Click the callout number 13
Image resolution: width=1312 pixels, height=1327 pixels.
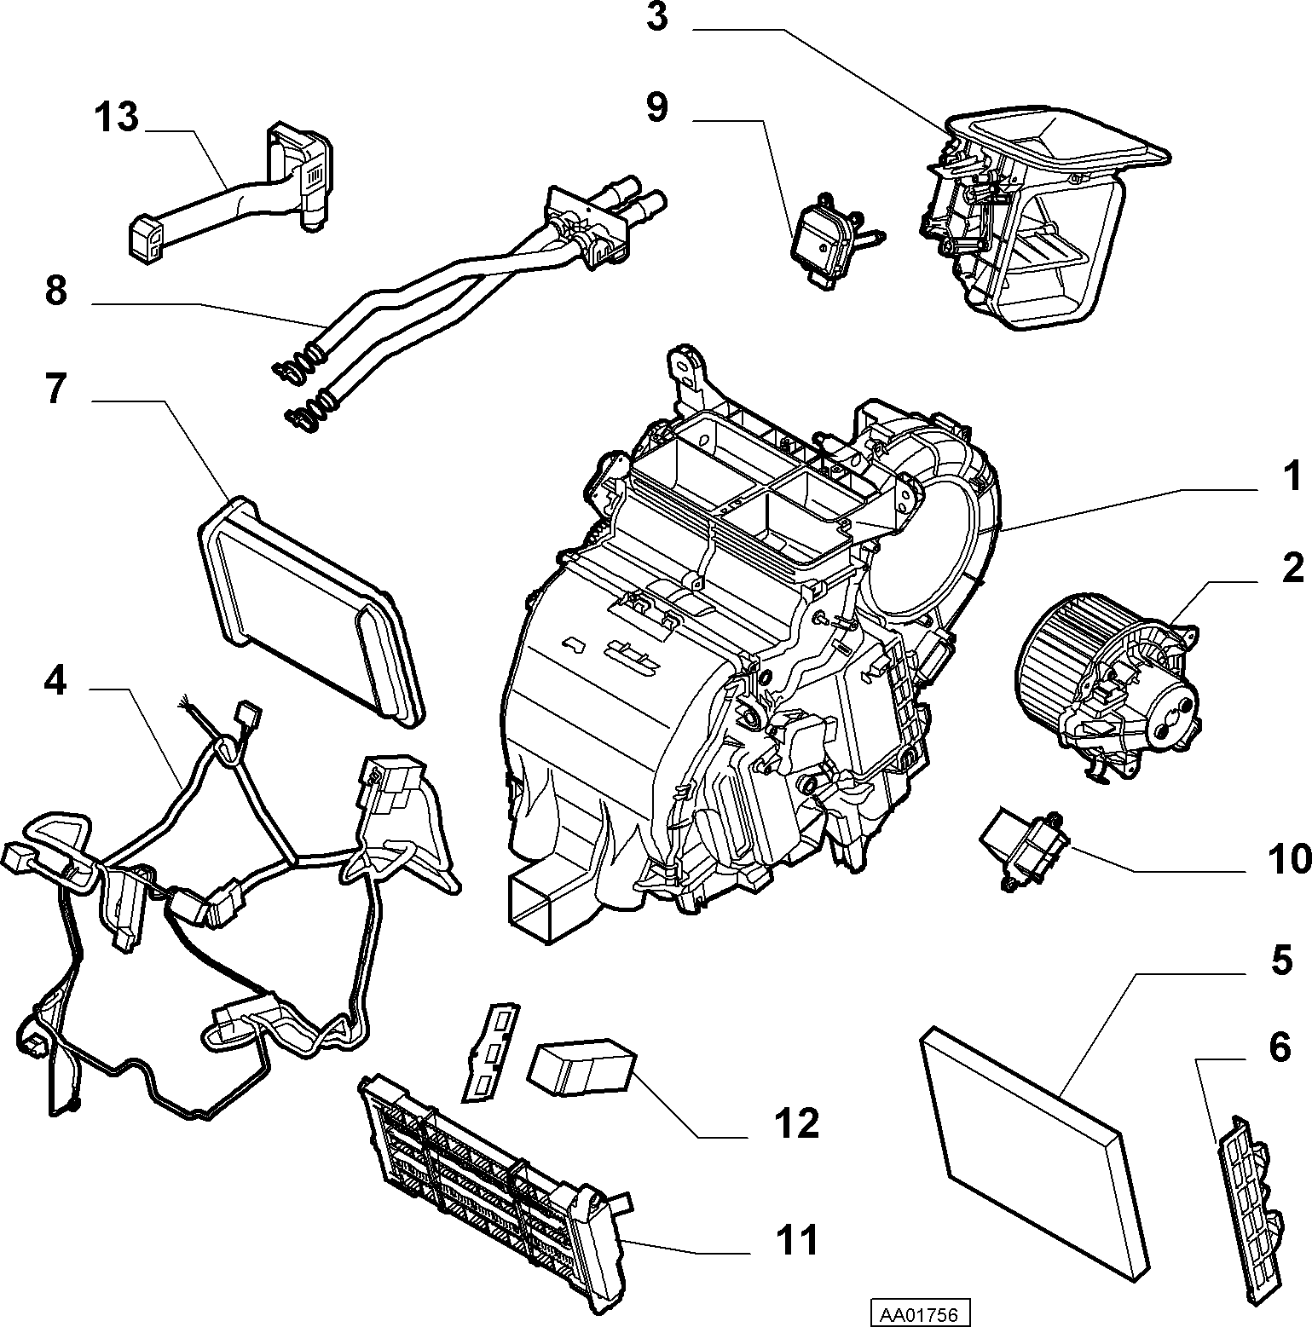pos(116,118)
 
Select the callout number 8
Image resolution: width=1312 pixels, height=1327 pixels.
pos(55,291)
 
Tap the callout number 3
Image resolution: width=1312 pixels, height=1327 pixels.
pos(656,17)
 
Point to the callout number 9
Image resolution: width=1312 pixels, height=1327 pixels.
pos(657,108)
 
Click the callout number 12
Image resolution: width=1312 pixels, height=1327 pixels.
pos(796,1124)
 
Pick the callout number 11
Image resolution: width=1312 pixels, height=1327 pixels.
pos(796,1240)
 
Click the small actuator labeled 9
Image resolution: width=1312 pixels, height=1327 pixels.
pos(831,240)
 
